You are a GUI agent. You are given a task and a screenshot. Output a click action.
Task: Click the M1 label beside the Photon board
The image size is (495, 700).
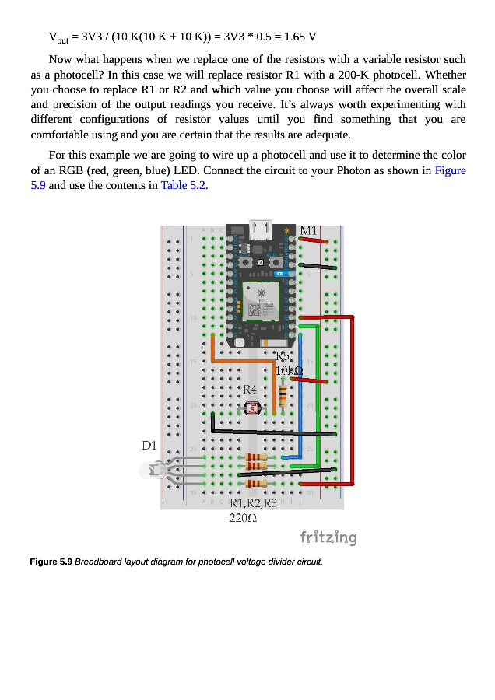pos(308,231)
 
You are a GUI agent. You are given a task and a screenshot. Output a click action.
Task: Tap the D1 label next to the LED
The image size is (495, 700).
pos(149,446)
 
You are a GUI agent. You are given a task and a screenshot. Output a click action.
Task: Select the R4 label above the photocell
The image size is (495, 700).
pos(250,388)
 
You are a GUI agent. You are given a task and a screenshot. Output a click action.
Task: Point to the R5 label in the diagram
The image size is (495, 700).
pos(283,356)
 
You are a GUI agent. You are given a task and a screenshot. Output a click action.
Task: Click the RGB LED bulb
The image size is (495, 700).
pos(149,470)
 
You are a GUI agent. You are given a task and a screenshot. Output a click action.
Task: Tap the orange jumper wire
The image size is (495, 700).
pos(241,362)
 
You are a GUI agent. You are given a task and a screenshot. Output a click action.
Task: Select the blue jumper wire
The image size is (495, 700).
pos(300,420)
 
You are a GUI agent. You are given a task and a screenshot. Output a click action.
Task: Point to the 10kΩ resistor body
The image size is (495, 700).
pos(283,394)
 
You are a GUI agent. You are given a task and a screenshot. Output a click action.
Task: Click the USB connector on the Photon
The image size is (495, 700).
pos(260,229)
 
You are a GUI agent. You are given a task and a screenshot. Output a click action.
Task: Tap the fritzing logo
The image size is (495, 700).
pos(328,537)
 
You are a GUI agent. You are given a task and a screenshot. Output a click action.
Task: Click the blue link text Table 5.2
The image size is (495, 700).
pos(184,185)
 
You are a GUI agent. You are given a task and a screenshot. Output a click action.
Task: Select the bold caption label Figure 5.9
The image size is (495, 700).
pos(51,562)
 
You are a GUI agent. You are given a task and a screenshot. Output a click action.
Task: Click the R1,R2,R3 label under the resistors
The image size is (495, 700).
pos(254,503)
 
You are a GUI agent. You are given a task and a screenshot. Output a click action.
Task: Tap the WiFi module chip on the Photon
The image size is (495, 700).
pos(261,302)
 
